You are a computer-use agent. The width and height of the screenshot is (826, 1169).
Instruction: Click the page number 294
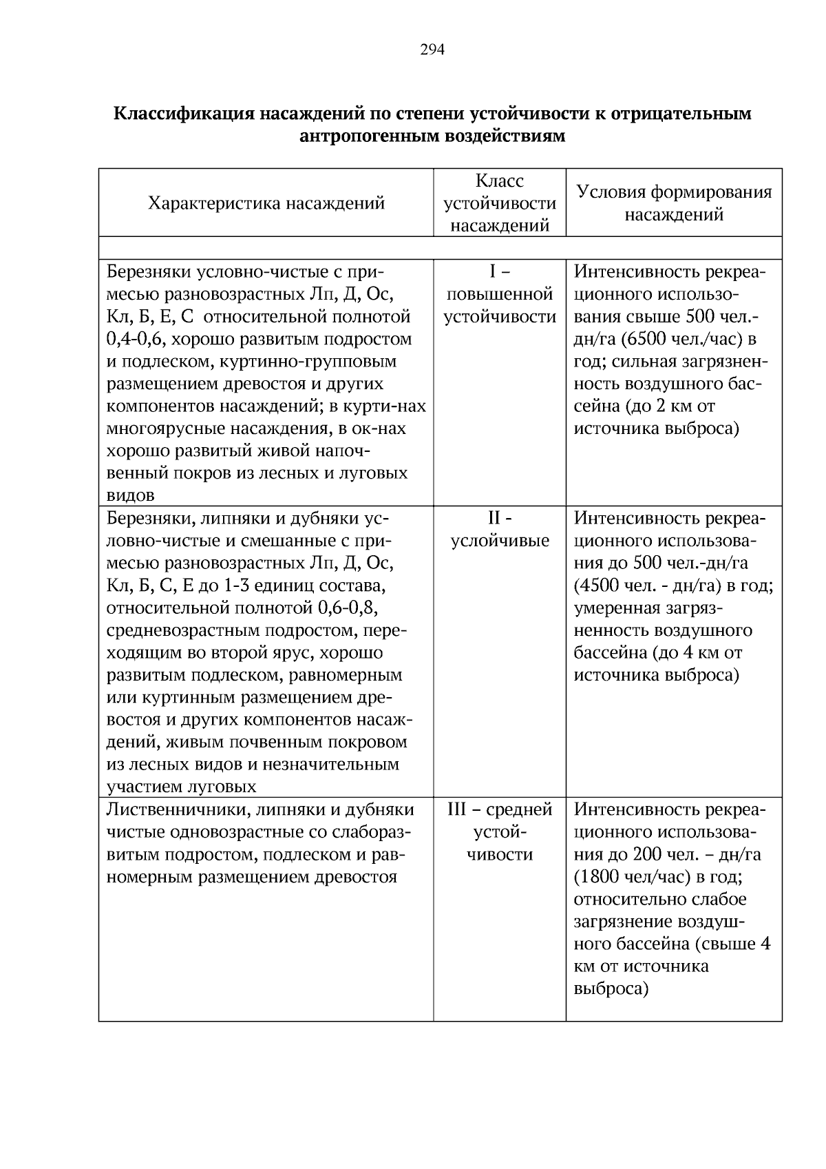coord(432,50)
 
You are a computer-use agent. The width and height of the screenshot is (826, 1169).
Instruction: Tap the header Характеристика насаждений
coord(266,203)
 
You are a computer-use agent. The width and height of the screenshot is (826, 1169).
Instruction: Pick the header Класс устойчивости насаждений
coord(500,203)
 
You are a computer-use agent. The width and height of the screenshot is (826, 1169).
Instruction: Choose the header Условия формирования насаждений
coord(674,203)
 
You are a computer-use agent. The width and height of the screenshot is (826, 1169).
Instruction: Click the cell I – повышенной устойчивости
coord(500,294)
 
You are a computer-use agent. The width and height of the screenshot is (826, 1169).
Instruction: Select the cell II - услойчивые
coord(500,529)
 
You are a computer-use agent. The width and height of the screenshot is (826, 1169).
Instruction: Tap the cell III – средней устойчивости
coord(500,831)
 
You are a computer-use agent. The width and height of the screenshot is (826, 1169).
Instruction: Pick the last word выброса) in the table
coord(611,989)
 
